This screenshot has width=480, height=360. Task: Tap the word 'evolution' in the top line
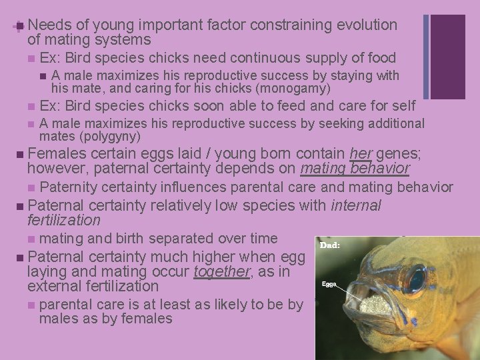[366, 25]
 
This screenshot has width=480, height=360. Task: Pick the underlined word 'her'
[361, 154]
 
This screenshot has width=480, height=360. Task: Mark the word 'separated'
[179, 238]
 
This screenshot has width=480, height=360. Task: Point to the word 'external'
[53, 286]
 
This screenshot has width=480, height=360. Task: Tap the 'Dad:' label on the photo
[330, 245]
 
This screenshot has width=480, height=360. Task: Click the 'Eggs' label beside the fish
[329, 284]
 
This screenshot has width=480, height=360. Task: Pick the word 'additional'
[391, 123]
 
